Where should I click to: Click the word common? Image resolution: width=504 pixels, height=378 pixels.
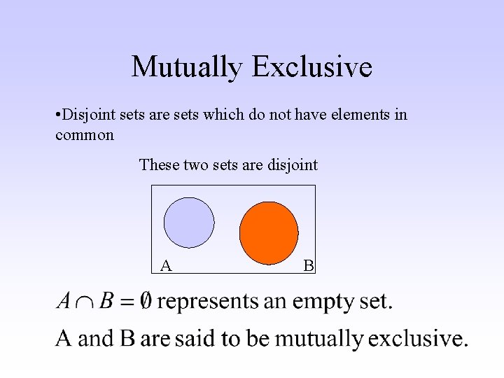point(84,135)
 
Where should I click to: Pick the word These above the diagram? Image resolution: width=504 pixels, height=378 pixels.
point(159,165)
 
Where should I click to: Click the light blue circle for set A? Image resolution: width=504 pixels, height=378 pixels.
point(189,223)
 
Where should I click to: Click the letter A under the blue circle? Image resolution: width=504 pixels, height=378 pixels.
point(166,265)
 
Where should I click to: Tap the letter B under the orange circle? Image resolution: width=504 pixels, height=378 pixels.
point(309,265)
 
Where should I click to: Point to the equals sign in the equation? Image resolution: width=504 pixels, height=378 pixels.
point(126,302)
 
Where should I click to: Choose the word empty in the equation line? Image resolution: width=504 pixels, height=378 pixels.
point(323,302)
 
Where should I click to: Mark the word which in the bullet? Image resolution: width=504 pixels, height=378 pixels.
point(221,115)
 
